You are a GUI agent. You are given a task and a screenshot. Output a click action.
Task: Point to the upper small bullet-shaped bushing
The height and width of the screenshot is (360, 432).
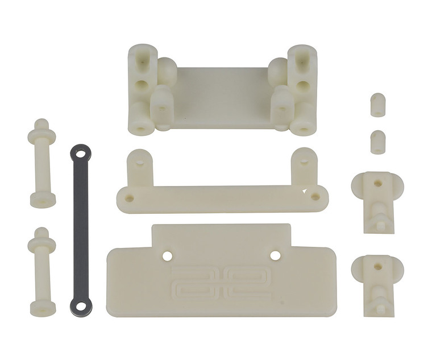tap(377, 105)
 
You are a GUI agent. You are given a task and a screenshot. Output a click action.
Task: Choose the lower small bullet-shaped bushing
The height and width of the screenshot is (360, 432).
tap(377, 142)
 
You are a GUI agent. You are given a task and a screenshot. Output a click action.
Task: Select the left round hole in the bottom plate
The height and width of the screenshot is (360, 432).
tap(167, 256)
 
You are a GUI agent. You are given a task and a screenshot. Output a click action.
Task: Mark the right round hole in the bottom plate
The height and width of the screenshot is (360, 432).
tap(275, 255)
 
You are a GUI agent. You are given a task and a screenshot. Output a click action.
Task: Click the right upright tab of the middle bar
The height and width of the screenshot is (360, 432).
tap(304, 166)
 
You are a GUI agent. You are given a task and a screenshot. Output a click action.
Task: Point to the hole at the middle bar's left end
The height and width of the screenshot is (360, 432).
tap(130, 198)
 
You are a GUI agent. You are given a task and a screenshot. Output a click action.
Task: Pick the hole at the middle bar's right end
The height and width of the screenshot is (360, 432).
tap(315, 197)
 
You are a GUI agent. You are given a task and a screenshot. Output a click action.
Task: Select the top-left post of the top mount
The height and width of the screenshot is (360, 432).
tap(142, 60)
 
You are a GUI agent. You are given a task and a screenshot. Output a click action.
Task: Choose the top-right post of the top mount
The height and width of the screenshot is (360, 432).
tap(302, 60)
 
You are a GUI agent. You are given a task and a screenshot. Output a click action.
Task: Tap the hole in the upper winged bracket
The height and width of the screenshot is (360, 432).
tap(377, 183)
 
